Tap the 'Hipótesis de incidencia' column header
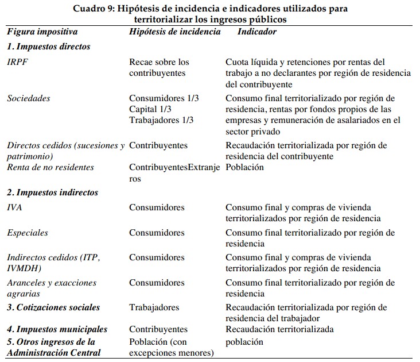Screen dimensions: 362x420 [x=174, y=32]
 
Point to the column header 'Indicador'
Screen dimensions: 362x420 [x=256, y=32]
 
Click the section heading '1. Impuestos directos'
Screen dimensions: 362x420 [x=49, y=47]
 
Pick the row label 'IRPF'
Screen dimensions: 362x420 [x=17, y=62]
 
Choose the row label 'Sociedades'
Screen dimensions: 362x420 [x=29, y=98]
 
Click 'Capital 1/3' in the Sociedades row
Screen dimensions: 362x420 [x=150, y=109]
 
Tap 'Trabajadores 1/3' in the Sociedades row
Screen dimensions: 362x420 [x=161, y=120]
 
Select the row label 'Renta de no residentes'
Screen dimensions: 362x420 [x=50, y=167]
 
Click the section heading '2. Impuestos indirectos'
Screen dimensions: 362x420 [x=53, y=192]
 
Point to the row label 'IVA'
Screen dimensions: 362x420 [x=15, y=207]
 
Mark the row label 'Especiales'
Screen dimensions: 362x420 [x=28, y=233]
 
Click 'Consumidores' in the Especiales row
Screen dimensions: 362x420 [x=157, y=233]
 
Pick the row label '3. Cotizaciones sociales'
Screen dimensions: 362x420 [x=53, y=307]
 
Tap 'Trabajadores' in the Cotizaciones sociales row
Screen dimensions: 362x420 [x=154, y=307]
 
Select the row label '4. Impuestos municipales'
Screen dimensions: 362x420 [x=57, y=329]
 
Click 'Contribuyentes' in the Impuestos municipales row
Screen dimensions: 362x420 [x=158, y=329]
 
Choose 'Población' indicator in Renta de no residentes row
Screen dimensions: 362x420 [x=244, y=167]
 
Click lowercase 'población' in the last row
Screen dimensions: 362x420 [x=244, y=342]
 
